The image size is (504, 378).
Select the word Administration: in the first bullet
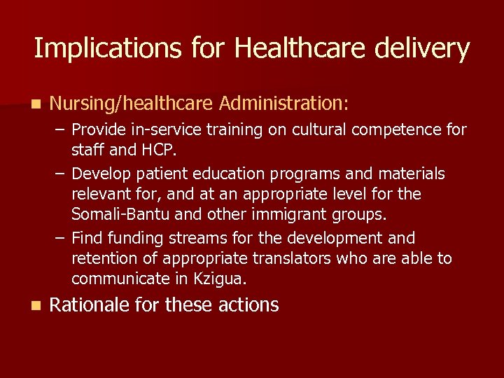pyautogui.click(x=283, y=104)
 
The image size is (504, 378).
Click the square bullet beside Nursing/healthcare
pyautogui.click(x=36, y=104)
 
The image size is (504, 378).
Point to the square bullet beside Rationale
pyautogui.click(x=36, y=306)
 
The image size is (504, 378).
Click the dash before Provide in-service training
pyautogui.click(x=61, y=129)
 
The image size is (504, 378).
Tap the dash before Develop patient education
pyautogui.click(x=61, y=173)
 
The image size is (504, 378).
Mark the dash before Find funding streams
pyautogui.click(x=61, y=238)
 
